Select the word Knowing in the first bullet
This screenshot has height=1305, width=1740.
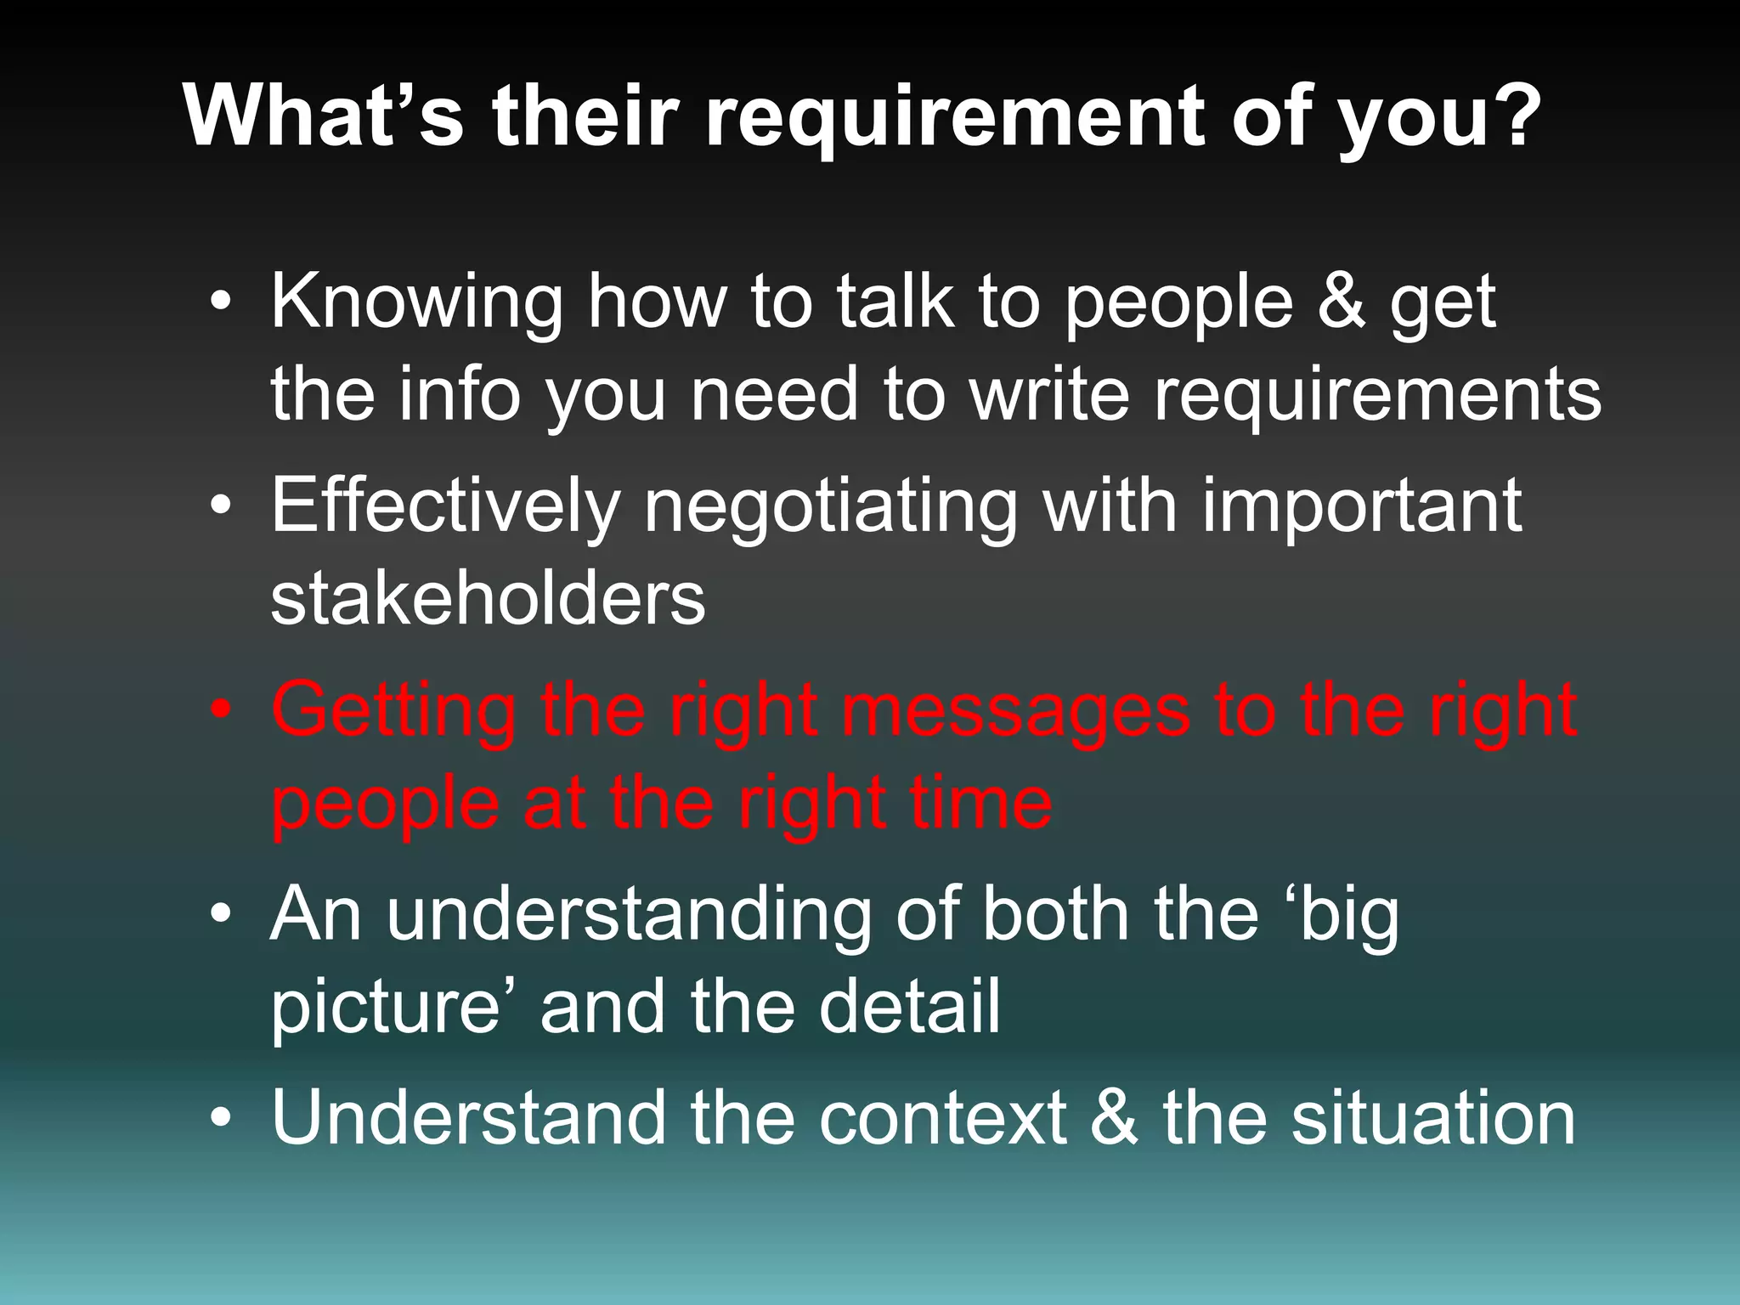point(416,304)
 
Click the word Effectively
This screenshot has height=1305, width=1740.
point(445,507)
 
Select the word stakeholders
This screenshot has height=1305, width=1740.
point(488,599)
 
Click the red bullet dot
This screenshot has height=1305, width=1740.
point(221,711)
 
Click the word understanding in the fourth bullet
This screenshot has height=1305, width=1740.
point(629,916)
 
